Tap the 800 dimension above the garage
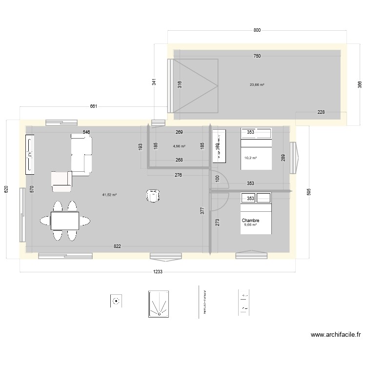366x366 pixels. (x=257, y=30)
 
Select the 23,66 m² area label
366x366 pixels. (x=257, y=84)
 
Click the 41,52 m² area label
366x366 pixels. (x=109, y=195)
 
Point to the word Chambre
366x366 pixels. (x=250, y=221)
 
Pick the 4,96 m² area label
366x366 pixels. (x=179, y=146)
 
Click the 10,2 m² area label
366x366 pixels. (x=250, y=158)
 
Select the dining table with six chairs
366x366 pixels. (x=65, y=221)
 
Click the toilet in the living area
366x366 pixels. (x=153, y=196)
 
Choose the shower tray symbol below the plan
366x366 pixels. (x=158, y=305)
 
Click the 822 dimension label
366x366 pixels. (x=118, y=247)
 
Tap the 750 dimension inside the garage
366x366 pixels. (x=257, y=56)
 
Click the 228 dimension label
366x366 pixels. (x=321, y=112)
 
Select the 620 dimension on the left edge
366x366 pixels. (x=6, y=189)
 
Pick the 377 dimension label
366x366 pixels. (x=202, y=211)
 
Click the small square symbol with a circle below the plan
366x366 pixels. (x=116, y=301)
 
